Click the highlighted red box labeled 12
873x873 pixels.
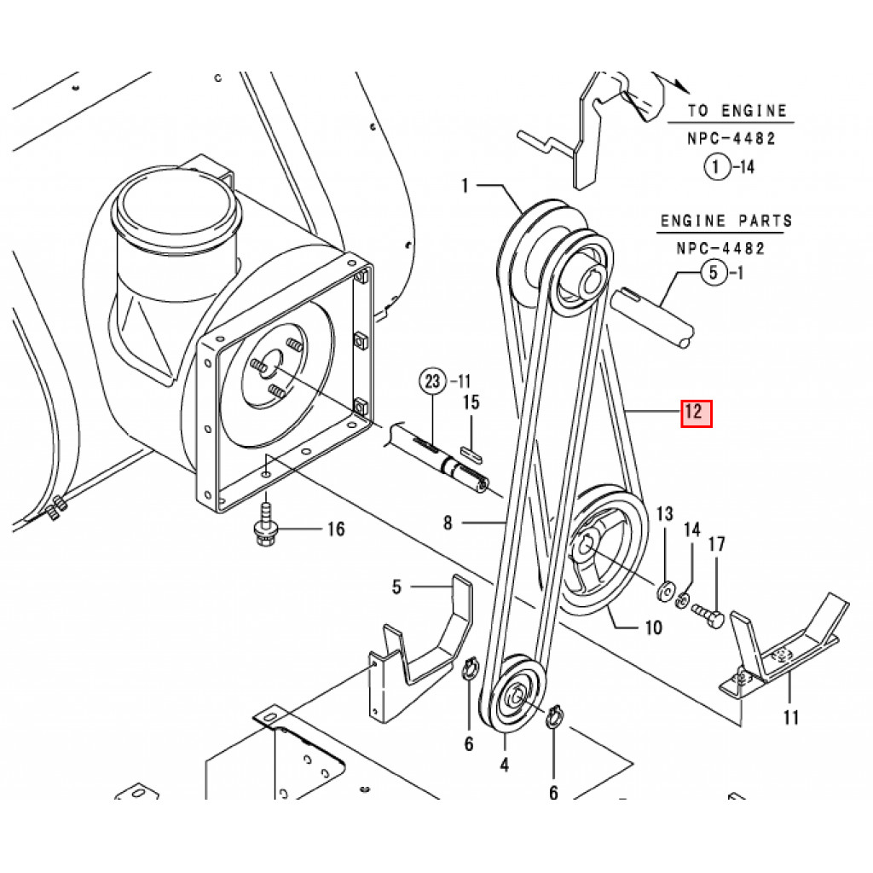coord(695,413)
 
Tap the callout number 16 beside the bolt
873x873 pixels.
coord(336,529)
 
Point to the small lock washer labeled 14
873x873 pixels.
coord(682,601)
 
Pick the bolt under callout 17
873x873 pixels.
coord(708,615)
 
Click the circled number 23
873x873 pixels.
coord(432,380)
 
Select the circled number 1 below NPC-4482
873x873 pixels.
coord(717,167)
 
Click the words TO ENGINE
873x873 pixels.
coord(737,111)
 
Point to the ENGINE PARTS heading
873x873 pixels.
coord(726,221)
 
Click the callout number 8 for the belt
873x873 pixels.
coord(449,523)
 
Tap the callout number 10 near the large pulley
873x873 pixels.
coord(653,628)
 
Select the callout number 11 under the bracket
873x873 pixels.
coord(791,717)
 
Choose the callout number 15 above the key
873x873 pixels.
coord(471,402)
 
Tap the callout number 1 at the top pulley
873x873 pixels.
coord(466,184)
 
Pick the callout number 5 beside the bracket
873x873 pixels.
coord(396,587)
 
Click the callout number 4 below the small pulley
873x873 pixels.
coord(504,765)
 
